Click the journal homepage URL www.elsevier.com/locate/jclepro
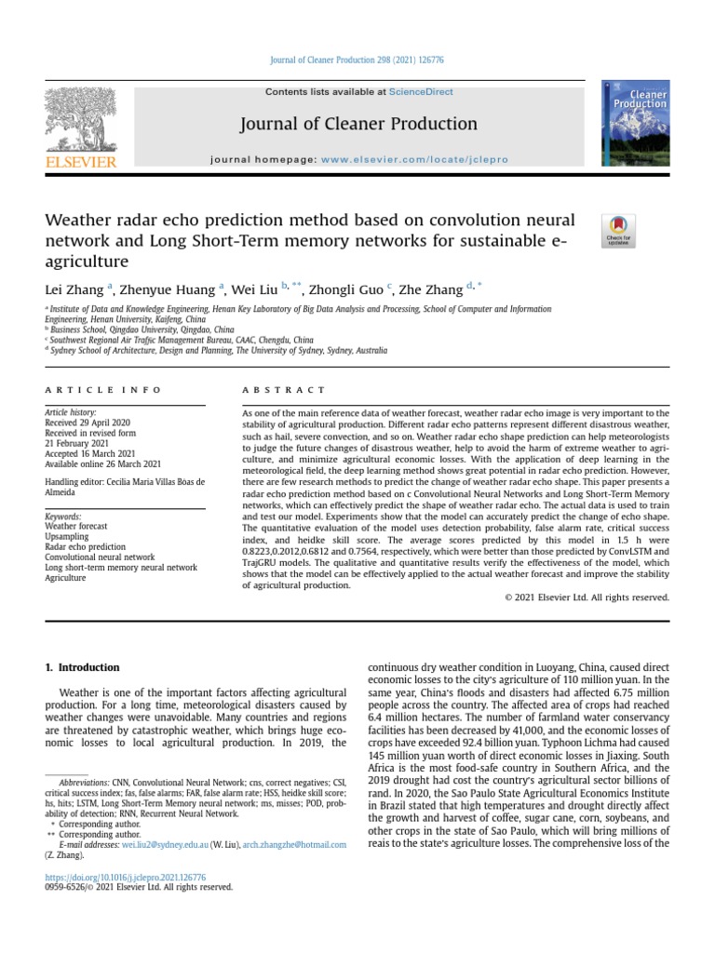(414, 159)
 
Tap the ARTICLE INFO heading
(103, 389)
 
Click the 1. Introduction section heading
(83, 667)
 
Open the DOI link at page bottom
(126, 877)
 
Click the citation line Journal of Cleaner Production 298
(357, 60)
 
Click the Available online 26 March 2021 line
(102, 463)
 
